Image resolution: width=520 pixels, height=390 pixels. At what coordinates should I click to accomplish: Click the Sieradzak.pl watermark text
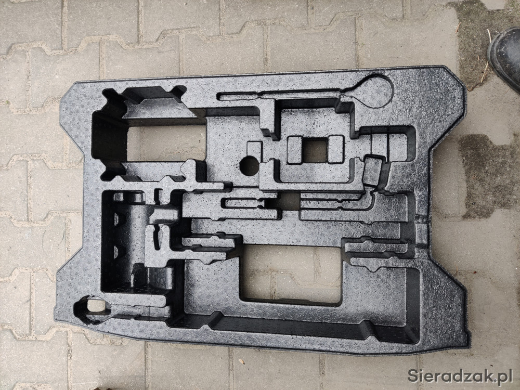[460, 376]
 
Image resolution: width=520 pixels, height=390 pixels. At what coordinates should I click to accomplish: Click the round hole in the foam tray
[250, 166]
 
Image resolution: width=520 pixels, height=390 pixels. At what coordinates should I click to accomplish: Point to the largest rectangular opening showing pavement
[291, 274]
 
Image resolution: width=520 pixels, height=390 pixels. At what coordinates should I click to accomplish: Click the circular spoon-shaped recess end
[373, 90]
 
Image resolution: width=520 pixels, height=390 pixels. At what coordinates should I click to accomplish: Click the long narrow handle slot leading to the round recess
[282, 95]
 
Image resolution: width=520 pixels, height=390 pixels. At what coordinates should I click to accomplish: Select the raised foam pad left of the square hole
[294, 150]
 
